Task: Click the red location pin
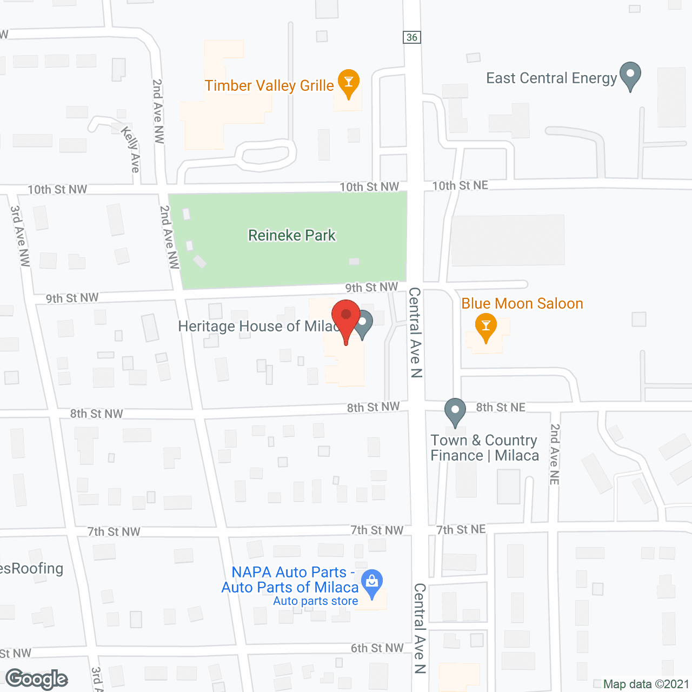click(346, 319)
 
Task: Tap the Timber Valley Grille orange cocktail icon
click(349, 83)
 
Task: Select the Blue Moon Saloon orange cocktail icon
click(486, 326)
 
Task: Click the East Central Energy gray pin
click(630, 75)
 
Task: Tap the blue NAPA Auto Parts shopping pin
click(371, 583)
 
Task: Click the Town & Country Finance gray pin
click(455, 411)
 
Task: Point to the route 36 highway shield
click(412, 37)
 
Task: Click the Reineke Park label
click(292, 235)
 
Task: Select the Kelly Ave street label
click(131, 149)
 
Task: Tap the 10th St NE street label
click(460, 185)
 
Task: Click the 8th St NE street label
click(501, 407)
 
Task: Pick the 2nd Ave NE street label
click(555, 454)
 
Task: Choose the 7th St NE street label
click(461, 529)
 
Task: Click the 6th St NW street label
click(377, 648)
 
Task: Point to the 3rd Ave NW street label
click(20, 236)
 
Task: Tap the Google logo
click(37, 680)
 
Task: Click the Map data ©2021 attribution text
click(646, 684)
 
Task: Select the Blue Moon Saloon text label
click(522, 303)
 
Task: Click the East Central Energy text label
click(551, 78)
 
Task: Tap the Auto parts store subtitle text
click(316, 601)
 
